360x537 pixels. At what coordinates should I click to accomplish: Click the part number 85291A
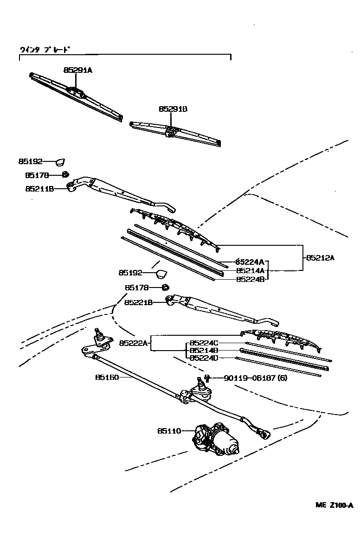78,70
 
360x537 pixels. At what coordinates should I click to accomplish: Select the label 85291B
173,109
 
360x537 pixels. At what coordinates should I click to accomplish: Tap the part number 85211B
39,189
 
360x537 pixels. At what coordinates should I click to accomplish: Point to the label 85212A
320,258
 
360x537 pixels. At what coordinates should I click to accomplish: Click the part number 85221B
139,302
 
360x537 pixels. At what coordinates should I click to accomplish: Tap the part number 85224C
204,343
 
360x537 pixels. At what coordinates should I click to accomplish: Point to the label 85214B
204,351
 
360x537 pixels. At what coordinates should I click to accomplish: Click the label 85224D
204,358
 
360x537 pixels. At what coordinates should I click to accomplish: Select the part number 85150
107,377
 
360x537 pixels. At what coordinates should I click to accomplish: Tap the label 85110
169,431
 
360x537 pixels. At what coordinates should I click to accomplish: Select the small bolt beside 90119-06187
207,378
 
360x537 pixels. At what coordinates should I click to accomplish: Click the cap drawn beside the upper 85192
60,162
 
